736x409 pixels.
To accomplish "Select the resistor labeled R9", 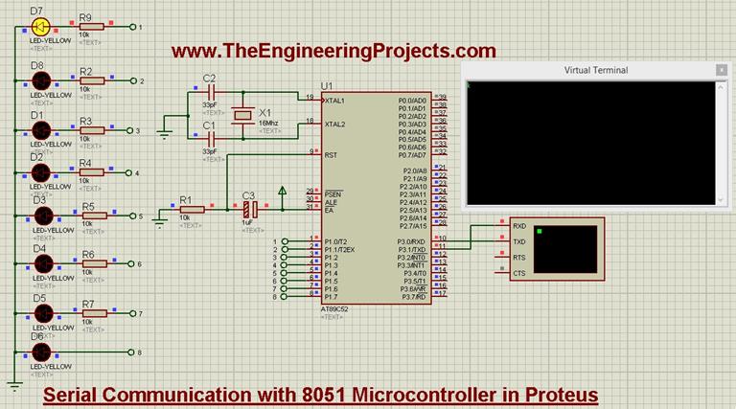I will (x=93, y=28).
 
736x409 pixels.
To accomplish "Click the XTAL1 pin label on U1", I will (x=334, y=100).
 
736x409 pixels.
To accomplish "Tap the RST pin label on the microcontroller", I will (x=330, y=153).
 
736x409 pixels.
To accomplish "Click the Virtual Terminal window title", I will (x=596, y=70).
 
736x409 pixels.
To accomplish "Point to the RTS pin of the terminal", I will (x=518, y=257).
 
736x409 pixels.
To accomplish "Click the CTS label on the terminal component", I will (x=518, y=273).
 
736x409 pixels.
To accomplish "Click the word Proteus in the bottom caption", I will (x=557, y=394).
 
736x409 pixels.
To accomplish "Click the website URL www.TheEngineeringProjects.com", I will (x=334, y=51).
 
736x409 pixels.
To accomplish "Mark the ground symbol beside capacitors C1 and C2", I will (x=163, y=133).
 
